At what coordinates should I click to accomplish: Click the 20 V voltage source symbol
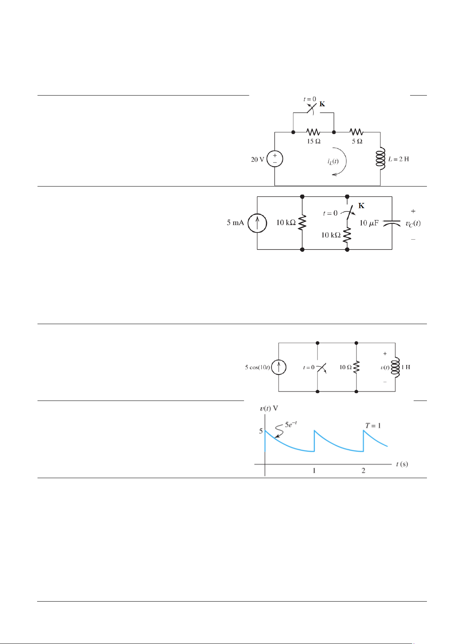[x=275, y=159]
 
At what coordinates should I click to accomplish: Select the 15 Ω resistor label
[x=314, y=141]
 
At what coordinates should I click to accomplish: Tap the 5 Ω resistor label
[x=357, y=141]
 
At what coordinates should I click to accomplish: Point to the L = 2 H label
[x=399, y=159]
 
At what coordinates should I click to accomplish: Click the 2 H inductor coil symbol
[x=380, y=159]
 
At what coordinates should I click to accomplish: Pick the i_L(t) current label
[x=333, y=161]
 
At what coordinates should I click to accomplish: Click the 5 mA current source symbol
[x=257, y=223]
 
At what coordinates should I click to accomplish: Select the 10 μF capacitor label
[x=369, y=223]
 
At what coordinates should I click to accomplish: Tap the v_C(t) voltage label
[x=413, y=223]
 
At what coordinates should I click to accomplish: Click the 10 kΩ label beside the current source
[x=286, y=223]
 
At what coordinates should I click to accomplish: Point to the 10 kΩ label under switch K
[x=331, y=235]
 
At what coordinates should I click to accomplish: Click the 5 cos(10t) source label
[x=257, y=368]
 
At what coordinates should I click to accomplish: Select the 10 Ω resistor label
[x=345, y=367]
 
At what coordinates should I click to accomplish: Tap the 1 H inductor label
[x=406, y=367]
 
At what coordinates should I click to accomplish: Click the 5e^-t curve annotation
[x=291, y=424]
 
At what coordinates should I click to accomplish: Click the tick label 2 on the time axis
[x=363, y=470]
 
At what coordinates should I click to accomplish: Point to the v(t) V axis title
[x=269, y=409]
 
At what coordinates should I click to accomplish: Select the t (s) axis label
[x=402, y=464]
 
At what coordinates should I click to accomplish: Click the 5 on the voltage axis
[x=261, y=431]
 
